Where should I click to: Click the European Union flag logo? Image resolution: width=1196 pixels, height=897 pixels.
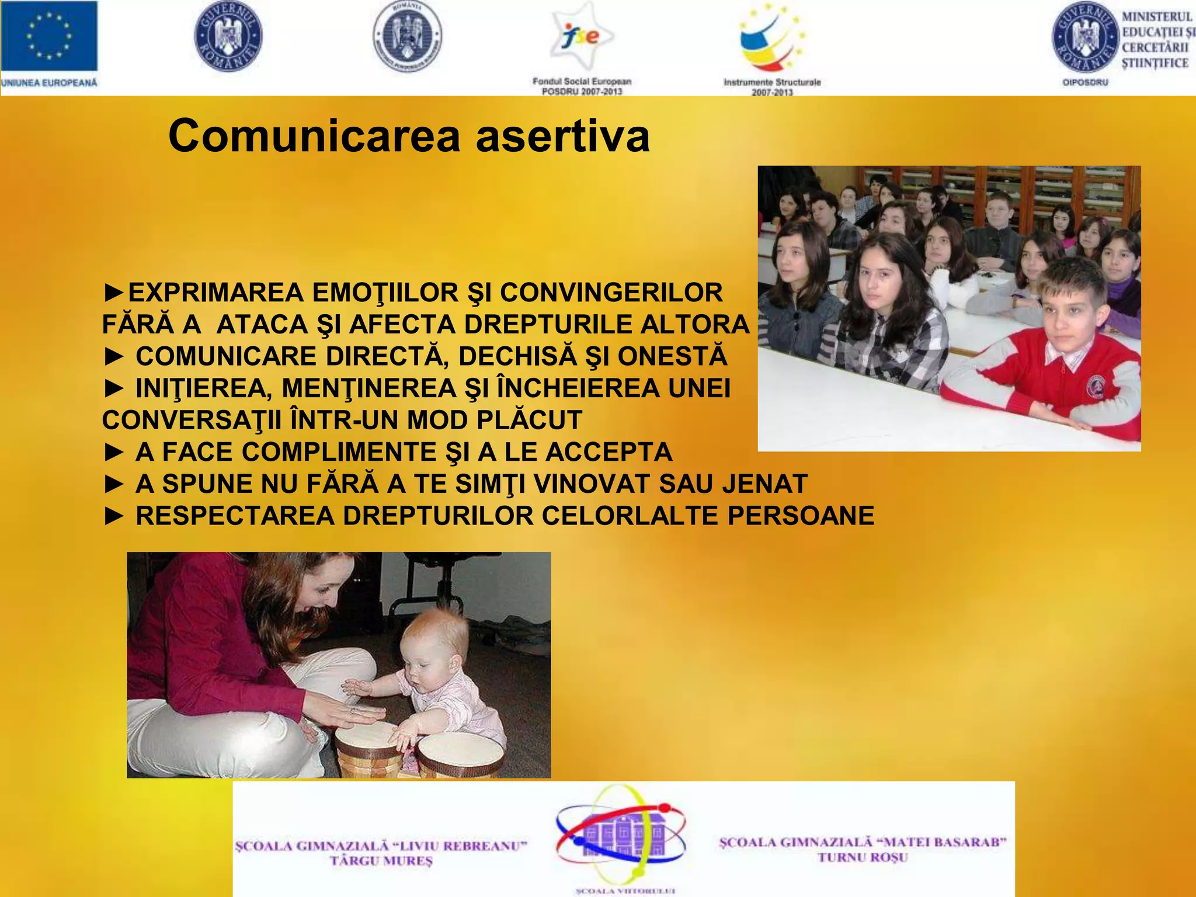[x=49, y=36]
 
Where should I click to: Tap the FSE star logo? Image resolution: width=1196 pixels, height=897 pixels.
[x=582, y=36]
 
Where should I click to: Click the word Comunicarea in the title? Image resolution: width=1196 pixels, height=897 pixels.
[x=315, y=136]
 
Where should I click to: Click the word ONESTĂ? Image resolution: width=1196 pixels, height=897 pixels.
[x=672, y=356]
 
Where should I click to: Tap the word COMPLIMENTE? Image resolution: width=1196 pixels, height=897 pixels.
[x=339, y=452]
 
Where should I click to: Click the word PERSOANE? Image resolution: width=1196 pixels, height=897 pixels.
[x=801, y=516]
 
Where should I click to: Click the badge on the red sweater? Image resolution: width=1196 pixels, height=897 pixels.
[x=1096, y=386]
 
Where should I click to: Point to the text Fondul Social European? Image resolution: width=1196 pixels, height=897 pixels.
[x=582, y=81]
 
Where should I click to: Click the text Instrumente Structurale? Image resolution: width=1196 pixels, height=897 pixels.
[x=772, y=82]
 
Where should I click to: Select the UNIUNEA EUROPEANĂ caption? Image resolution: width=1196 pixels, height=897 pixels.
[x=49, y=83]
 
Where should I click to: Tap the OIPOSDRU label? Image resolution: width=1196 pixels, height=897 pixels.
[x=1085, y=83]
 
